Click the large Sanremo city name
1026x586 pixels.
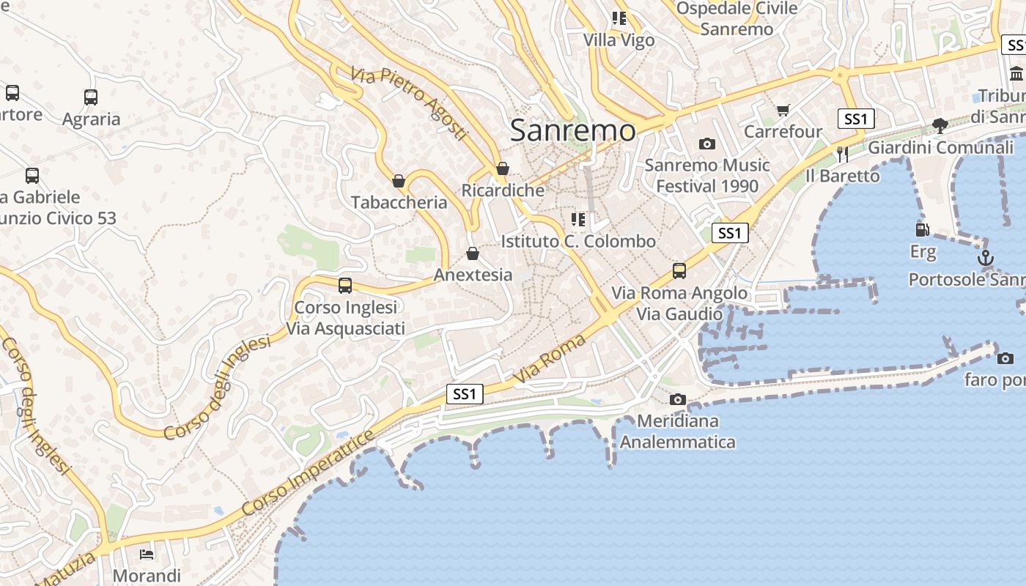tap(572, 130)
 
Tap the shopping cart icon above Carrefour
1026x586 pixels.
tap(783, 111)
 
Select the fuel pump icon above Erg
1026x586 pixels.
tap(923, 230)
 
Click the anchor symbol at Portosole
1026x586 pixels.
tap(986, 258)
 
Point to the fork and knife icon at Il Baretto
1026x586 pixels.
tap(842, 154)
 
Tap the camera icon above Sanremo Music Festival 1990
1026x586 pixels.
tap(706, 144)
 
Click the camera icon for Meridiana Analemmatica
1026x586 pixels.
tap(678, 399)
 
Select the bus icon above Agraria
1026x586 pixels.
tap(91, 97)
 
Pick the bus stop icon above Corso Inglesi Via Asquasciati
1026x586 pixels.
tap(345, 286)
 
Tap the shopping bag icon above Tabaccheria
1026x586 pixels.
tap(399, 181)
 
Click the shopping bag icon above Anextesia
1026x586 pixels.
tap(473, 253)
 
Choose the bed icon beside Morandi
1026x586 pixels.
tap(147, 553)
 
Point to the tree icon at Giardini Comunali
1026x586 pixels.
tap(940, 126)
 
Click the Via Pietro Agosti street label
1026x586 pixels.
tap(408, 103)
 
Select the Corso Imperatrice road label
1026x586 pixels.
tap(309, 472)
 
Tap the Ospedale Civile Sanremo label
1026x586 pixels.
tap(737, 18)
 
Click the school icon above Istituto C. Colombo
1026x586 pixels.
tap(578, 219)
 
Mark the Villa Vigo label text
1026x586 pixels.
tap(619, 40)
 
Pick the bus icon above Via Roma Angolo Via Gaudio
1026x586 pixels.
tap(679, 271)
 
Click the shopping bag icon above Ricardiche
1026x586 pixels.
tap(503, 168)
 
